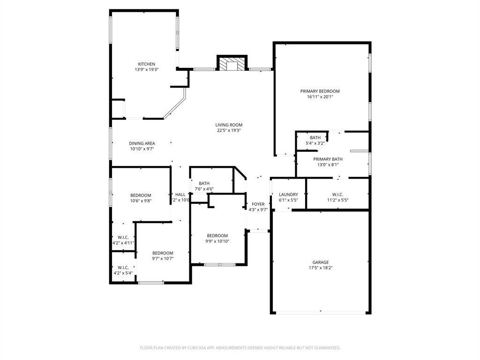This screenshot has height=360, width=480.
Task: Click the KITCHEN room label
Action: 146,64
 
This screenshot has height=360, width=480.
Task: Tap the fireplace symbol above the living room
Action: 232,64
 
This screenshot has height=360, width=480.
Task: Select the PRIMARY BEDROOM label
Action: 320,91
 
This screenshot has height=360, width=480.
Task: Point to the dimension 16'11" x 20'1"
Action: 320,97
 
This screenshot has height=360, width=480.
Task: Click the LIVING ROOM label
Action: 229,125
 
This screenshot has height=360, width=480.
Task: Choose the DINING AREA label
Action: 142,143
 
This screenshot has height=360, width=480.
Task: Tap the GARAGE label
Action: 321,262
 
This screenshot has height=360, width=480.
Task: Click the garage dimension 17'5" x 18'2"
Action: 321,268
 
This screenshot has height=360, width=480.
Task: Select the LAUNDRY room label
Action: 288,195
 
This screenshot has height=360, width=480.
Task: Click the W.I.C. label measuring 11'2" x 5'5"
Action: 337,195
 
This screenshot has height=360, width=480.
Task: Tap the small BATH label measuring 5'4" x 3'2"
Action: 315,138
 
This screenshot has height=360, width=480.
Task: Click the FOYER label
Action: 258,204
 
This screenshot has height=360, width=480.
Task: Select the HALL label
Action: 180,195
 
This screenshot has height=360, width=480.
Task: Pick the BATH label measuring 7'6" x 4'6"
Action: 204,184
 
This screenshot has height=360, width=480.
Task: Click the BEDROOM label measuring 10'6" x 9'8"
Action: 141,195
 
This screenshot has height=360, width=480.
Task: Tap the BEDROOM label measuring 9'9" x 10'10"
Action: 217,236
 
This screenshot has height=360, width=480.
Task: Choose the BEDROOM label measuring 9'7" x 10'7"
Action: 163,253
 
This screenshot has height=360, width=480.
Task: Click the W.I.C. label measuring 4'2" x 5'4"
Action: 123,268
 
